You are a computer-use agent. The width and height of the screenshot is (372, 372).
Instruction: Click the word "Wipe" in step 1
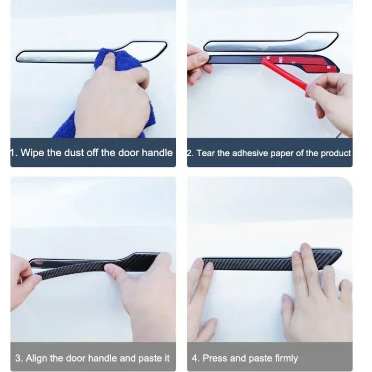coord(33,153)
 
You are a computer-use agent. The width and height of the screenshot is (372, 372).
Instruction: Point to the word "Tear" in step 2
coord(206,153)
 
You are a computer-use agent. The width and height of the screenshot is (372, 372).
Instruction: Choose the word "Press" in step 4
coord(215,358)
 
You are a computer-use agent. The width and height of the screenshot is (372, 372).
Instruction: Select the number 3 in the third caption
coord(18,358)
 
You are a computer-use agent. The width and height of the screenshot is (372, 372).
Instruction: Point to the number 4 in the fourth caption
coord(195,358)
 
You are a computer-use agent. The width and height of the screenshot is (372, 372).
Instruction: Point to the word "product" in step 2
coord(336,153)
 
